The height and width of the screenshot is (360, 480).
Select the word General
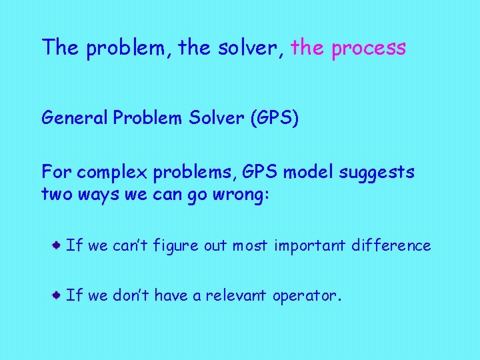pyautogui.click(x=75, y=118)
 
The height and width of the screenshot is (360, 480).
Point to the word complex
pyautogui.click(x=113, y=173)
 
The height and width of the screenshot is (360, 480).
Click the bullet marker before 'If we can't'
pyautogui.click(x=59, y=245)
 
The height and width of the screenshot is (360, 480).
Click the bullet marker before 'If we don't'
pyautogui.click(x=59, y=294)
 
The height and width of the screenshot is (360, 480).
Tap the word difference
pyautogui.click(x=392, y=245)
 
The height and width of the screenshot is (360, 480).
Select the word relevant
pyautogui.click(x=237, y=295)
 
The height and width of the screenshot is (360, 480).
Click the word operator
pyautogui.click(x=307, y=295)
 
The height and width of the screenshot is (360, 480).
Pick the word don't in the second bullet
pyautogui.click(x=130, y=295)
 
